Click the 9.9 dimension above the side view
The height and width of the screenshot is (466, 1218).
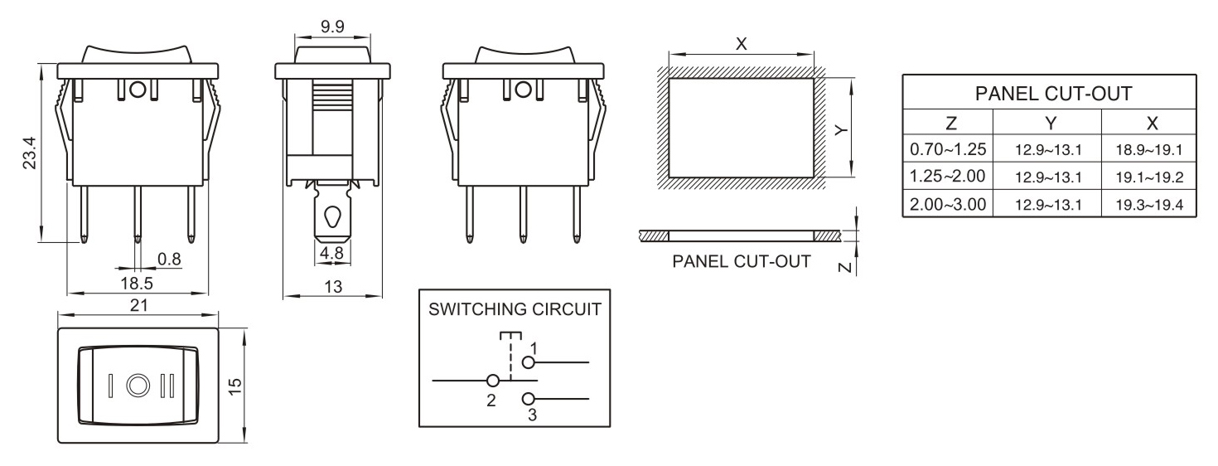(332, 27)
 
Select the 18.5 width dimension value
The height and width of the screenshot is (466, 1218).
(137, 283)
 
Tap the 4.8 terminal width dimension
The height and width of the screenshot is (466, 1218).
(331, 254)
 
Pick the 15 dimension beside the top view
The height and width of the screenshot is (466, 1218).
(236, 386)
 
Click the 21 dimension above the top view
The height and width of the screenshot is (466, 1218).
(138, 305)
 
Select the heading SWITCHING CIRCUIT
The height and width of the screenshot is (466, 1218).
(515, 310)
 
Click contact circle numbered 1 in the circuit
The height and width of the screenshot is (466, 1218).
(527, 362)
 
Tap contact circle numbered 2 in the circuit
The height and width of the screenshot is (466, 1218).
(493, 381)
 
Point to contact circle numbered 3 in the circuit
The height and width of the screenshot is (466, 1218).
(527, 399)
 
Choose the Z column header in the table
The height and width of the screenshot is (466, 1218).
(950, 123)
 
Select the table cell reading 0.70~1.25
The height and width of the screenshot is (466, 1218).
(947, 150)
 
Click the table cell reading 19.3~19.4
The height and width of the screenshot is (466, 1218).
(1148, 204)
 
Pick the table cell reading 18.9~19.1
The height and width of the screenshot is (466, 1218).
(1148, 150)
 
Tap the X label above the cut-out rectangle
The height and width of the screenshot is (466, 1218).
(742, 44)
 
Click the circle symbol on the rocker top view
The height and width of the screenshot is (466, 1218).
(138, 386)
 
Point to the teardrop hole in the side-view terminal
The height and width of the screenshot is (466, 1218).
(332, 216)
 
